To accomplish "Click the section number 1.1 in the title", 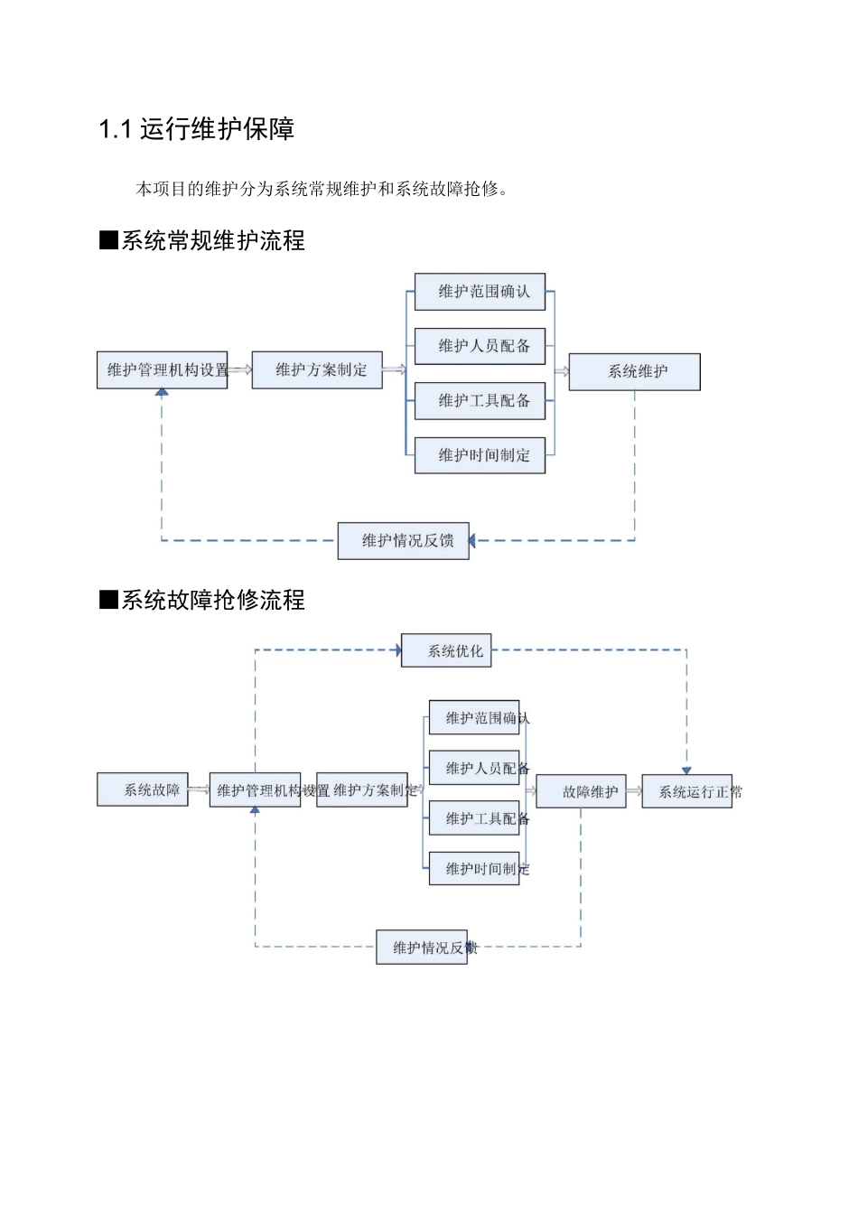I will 115,130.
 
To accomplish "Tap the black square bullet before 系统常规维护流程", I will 108,240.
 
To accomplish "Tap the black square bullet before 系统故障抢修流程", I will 108,600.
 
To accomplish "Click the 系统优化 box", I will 446,650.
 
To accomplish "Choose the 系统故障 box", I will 143,789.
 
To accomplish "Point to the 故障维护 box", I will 581,791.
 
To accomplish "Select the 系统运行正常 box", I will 687,791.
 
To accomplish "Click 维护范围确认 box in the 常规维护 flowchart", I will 480,292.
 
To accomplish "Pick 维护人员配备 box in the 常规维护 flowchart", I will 480,346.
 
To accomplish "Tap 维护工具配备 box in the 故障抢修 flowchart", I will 474,818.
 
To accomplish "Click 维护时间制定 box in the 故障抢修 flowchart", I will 474,869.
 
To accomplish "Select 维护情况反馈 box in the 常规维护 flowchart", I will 403,541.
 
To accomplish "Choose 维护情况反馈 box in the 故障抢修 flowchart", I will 422,948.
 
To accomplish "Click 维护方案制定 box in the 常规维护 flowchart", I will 317,370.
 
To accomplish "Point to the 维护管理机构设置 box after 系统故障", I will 255,790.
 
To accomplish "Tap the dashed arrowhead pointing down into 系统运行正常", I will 686,770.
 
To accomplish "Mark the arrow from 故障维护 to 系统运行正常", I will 634,791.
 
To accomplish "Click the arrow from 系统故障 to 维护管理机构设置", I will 199,790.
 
